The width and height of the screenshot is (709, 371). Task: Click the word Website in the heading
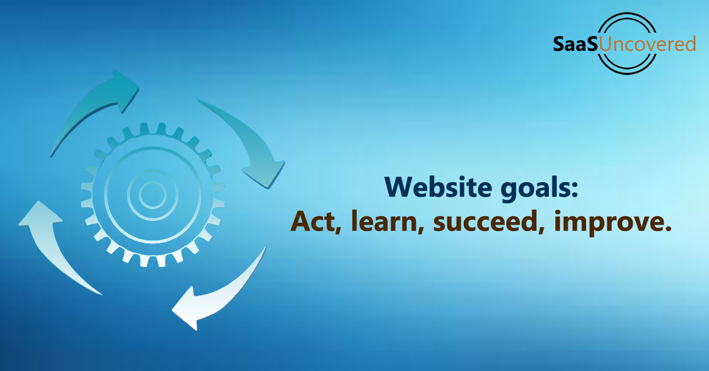tap(438, 187)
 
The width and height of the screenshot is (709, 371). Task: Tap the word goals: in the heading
tap(539, 189)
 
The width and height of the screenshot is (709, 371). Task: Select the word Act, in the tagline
tap(316, 222)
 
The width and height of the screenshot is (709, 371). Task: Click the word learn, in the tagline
tap(388, 222)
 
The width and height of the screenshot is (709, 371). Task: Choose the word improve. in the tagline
tap(613, 223)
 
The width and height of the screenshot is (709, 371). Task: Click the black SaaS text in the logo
tap(575, 44)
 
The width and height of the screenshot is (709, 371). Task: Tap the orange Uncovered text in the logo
tap(647, 44)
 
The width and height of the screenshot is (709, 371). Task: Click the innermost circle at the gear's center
tap(152, 195)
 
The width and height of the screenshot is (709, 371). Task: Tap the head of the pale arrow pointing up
tap(39, 214)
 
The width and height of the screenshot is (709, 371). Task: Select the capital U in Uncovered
tap(606, 44)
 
